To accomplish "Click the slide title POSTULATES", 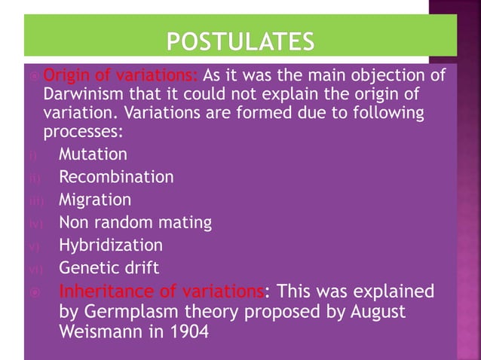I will (240, 39).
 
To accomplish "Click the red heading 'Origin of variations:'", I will (121, 76).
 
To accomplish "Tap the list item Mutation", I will (93, 154).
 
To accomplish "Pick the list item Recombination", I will (116, 177).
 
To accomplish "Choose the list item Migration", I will (95, 200).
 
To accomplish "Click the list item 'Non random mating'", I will (135, 222).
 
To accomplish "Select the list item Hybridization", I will (111, 245).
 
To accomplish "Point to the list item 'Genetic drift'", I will (109, 267).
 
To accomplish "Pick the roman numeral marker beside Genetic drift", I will (34, 269).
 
